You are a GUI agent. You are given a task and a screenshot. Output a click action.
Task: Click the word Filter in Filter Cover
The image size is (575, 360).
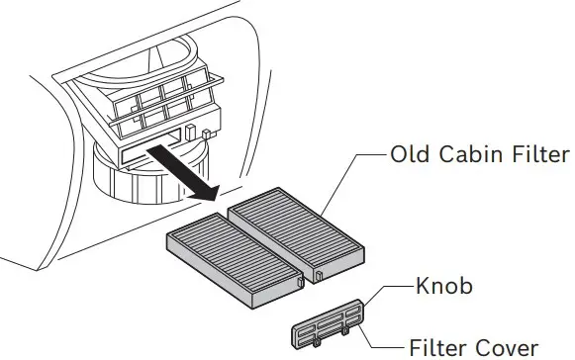pos(438,348)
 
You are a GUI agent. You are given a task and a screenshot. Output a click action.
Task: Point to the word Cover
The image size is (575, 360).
pos(507,348)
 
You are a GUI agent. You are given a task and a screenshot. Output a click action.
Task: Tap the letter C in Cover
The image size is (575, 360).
pos(481,348)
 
